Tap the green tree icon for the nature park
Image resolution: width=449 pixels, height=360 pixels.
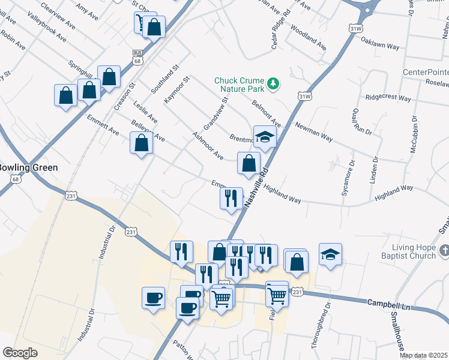click(x=273, y=82)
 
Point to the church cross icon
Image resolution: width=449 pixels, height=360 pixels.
click(x=443, y=249)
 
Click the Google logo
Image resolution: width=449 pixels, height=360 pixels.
click(x=20, y=353)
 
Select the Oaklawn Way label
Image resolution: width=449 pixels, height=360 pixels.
click(x=380, y=41)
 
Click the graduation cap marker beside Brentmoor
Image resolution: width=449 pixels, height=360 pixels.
click(x=264, y=137)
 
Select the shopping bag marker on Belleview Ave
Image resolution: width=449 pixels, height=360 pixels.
click(x=141, y=144)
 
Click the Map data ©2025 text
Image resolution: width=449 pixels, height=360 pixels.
click(x=424, y=355)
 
